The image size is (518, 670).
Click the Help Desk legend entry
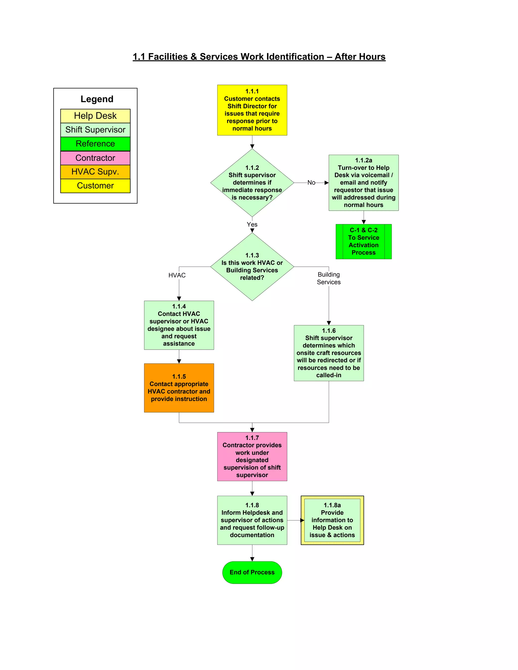coord(95,116)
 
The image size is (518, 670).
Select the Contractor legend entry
coord(95,158)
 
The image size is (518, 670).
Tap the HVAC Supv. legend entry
coord(95,171)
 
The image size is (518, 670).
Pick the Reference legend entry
coord(95,144)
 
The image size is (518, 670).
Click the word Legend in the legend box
coord(97,99)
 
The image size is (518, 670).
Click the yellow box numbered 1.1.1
coord(252,110)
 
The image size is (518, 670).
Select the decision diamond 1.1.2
coord(252,183)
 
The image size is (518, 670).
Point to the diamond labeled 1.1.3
coord(252,266)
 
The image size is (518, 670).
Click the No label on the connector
coord(311,183)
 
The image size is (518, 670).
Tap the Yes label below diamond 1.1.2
coord(252,224)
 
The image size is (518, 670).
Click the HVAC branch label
coord(177,275)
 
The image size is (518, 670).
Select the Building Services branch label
coord(329,278)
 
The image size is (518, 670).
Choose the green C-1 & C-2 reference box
coord(363,241)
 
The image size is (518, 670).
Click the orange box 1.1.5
coord(179,388)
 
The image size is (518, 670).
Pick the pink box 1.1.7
coord(252,456)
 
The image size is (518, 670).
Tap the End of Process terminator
coord(252,572)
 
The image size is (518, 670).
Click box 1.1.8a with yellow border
coord(332,520)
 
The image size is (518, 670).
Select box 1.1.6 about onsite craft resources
coord(329,353)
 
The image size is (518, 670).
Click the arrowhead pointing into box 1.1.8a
coord(302,520)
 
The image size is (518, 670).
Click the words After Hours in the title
coord(360,57)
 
